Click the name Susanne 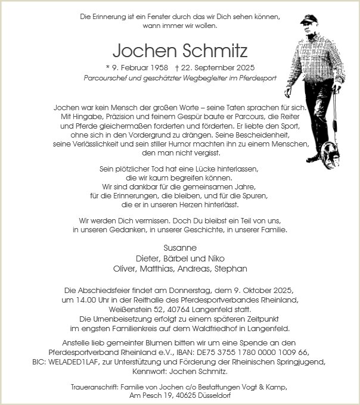[179, 247]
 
